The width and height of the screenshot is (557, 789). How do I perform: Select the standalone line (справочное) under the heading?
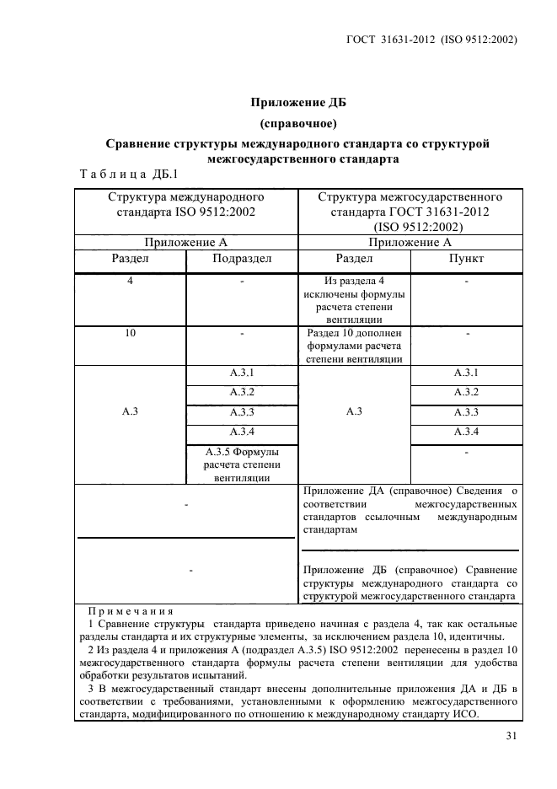coord(299,124)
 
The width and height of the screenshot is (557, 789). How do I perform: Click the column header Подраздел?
coord(242,259)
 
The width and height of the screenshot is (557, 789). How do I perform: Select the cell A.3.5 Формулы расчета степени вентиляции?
coord(242,464)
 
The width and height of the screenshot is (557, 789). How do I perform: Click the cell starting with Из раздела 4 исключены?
coord(354,299)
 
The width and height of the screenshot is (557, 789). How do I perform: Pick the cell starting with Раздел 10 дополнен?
coord(354,346)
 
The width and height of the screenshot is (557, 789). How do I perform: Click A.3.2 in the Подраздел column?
coord(242,392)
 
